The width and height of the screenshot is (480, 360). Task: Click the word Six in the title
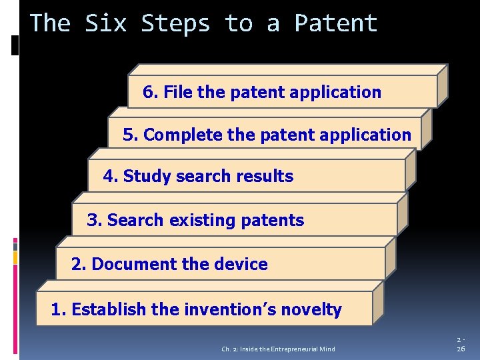tap(106, 23)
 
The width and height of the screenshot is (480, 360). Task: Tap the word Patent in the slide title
tap(336, 23)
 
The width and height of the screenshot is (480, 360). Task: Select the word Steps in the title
tap(175, 23)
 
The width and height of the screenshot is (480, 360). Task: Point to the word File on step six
tap(178, 92)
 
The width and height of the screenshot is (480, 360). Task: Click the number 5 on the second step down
tap(128, 135)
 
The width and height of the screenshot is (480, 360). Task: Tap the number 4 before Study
tap(109, 177)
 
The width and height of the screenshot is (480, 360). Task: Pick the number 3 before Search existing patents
tap(93, 221)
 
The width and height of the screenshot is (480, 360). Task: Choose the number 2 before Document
tap(77, 265)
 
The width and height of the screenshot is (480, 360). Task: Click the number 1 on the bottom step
tap(57, 310)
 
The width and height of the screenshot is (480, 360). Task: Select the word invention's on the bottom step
tap(231, 310)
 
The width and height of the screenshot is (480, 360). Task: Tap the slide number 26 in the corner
tap(461, 349)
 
